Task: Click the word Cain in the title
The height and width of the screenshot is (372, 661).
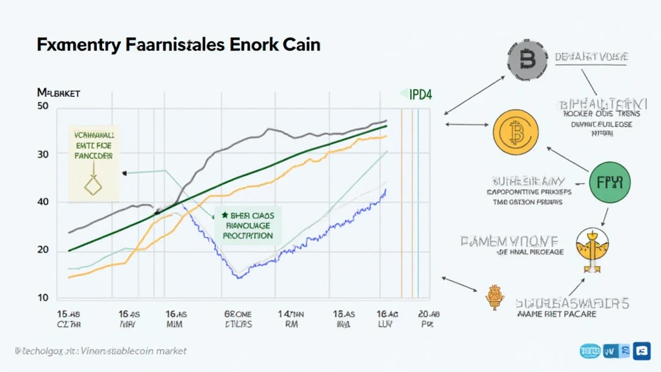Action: pyautogui.click(x=301, y=46)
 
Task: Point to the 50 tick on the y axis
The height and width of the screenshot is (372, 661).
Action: pyautogui.click(x=43, y=107)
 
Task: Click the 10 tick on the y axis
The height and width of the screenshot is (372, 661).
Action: pyautogui.click(x=43, y=297)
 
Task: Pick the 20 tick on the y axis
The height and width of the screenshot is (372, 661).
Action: pyautogui.click(x=43, y=249)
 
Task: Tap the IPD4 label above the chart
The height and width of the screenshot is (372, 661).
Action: pyautogui.click(x=420, y=94)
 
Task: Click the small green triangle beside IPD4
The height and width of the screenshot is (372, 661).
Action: pyautogui.click(x=403, y=94)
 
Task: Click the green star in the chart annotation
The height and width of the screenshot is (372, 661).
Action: pyautogui.click(x=225, y=215)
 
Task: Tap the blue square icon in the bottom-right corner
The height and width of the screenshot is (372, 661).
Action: pyautogui.click(x=642, y=351)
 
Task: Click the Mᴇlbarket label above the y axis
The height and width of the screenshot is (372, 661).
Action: pyautogui.click(x=59, y=94)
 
